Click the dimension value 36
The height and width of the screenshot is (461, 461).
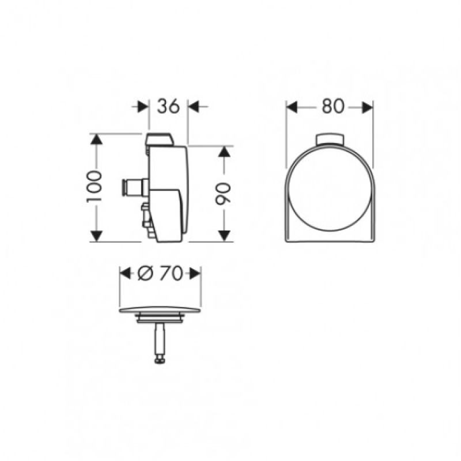click(168, 106)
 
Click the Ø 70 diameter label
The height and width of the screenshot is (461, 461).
click(160, 274)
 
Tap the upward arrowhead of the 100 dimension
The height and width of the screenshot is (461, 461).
click(96, 139)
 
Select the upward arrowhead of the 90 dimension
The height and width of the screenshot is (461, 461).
click(225, 152)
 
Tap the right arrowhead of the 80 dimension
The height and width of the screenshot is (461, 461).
click(366, 107)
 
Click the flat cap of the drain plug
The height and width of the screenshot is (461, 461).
click(160, 311)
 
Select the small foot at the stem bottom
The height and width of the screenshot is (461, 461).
click(160, 360)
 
